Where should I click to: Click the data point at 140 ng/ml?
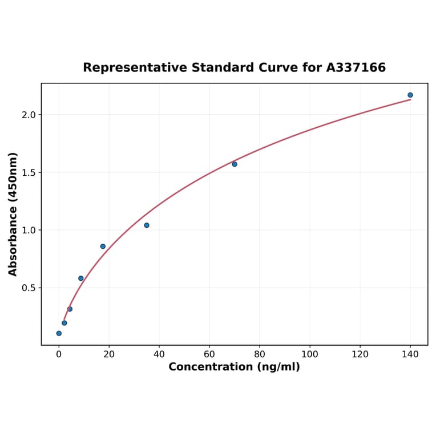pyautogui.click(x=410, y=95)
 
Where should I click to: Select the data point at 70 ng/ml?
pyautogui.click(x=235, y=164)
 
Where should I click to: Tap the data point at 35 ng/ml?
pyautogui.click(x=147, y=225)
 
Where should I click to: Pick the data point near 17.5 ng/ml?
pyautogui.click(x=103, y=247)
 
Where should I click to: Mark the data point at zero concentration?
pyautogui.click(x=59, y=333)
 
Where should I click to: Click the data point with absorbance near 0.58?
pyautogui.click(x=81, y=278)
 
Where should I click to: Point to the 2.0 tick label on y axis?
pyautogui.click(x=28, y=115)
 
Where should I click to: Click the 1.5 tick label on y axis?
pyautogui.click(x=28, y=172)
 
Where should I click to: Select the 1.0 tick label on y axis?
pyautogui.click(x=28, y=230)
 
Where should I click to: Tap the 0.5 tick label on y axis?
pyautogui.click(x=28, y=288)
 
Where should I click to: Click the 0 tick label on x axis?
pyautogui.click(x=59, y=354)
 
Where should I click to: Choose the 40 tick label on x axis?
pyautogui.click(x=159, y=354)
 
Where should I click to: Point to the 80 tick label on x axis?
pyautogui.click(x=260, y=354)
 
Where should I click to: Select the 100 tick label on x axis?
pyautogui.click(x=310, y=354)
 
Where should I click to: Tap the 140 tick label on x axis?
pyautogui.click(x=410, y=354)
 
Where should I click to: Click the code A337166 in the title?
pyautogui.click(x=356, y=68)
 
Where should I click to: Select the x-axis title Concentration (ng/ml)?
pyautogui.click(x=234, y=367)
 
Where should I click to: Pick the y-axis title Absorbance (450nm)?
pyautogui.click(x=13, y=214)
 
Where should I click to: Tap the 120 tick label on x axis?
pyautogui.click(x=360, y=354)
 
